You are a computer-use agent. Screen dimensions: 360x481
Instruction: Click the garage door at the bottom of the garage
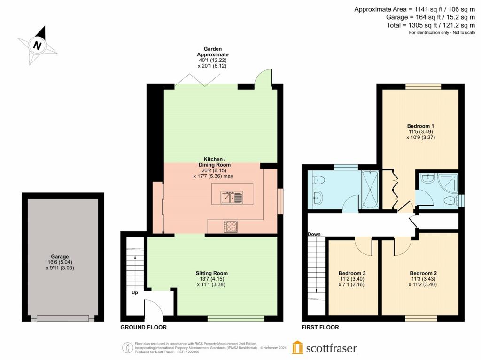tap(63, 318)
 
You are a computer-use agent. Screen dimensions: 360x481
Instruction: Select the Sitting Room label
tap(211, 273)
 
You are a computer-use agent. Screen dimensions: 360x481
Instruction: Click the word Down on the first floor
tap(314, 234)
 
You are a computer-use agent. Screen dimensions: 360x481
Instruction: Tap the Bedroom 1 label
tap(420, 126)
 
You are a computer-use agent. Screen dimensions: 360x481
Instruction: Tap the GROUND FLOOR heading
tap(143, 327)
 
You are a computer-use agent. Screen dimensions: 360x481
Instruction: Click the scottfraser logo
tap(324, 348)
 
